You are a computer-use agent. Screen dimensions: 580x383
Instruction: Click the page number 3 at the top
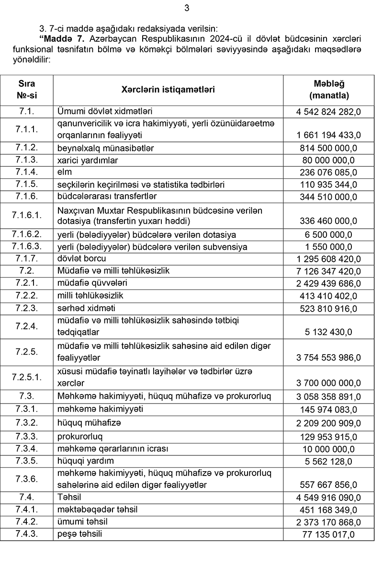(x=187, y=8)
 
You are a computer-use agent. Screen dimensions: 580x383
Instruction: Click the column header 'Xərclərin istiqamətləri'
(x=168, y=90)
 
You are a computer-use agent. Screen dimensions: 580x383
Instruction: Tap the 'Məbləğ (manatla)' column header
(x=329, y=90)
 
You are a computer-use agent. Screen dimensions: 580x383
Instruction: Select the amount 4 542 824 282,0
(x=328, y=112)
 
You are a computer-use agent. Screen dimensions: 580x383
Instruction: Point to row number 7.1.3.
(x=27, y=159)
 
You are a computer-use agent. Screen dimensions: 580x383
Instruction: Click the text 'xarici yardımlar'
(x=87, y=159)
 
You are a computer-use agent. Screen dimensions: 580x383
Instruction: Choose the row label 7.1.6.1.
(x=27, y=215)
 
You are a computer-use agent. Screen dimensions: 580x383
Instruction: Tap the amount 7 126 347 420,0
(x=328, y=271)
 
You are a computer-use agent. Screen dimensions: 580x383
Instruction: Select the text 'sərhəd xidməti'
(x=86, y=308)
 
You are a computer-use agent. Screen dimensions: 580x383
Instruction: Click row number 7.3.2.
(x=27, y=423)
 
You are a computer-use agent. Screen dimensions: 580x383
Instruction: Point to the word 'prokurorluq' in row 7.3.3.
(x=80, y=437)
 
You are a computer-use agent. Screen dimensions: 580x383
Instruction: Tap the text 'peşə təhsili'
(x=79, y=534)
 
